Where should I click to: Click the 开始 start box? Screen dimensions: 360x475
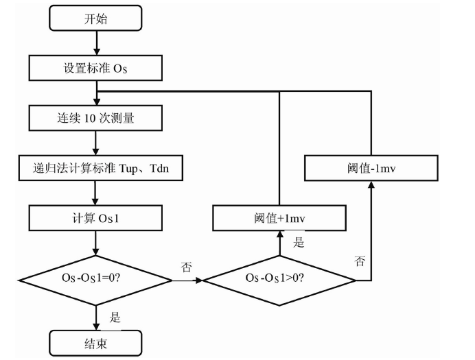pos(95,19)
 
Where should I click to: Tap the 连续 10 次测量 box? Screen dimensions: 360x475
pos(95,117)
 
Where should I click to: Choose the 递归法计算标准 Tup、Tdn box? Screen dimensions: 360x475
pos(102,167)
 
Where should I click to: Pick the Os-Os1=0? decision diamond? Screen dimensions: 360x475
pos(95,280)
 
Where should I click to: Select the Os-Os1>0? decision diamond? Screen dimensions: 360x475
pos(279,280)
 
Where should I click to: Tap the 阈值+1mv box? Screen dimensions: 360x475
pos(279,219)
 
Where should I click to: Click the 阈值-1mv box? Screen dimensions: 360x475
pos(371,167)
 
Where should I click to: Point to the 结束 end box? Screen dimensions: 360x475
pos(95,341)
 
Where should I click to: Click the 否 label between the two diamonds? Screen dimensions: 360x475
pos(186,267)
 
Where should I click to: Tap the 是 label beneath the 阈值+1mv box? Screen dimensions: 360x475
pos(298,243)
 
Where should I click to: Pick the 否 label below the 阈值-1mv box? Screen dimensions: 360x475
pos(360,261)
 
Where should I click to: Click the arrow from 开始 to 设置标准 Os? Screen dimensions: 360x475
pos(95,43)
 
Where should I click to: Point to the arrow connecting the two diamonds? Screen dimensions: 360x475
pos(186,280)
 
